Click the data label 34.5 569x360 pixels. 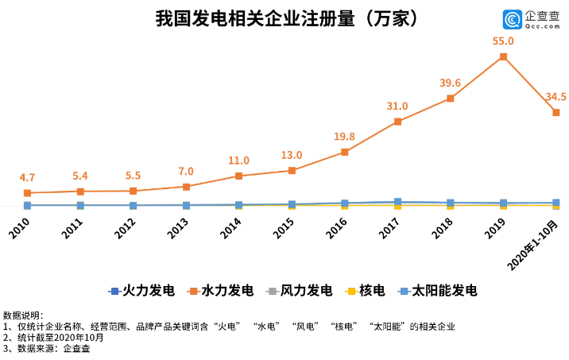tap(556, 96)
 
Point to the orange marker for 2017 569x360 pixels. tap(397, 122)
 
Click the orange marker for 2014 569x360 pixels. tap(239, 176)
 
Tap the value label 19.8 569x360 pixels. tap(345, 136)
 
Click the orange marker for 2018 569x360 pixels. tap(451, 99)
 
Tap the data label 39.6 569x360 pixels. tap(451, 83)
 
